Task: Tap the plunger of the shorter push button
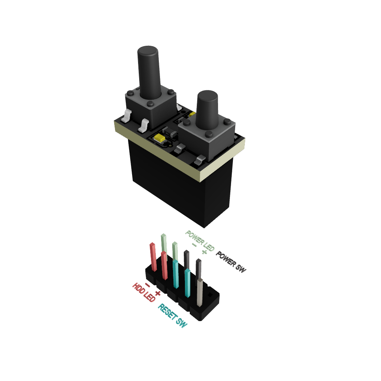click(x=207, y=110)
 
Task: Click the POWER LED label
click(x=200, y=241)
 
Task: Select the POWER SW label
click(x=231, y=262)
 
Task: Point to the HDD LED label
click(x=144, y=292)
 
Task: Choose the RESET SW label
click(x=173, y=316)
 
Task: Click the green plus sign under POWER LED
click(x=204, y=252)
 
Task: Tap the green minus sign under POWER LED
click(x=194, y=245)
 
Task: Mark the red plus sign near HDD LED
click(x=158, y=293)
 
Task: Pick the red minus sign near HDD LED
click(x=147, y=285)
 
